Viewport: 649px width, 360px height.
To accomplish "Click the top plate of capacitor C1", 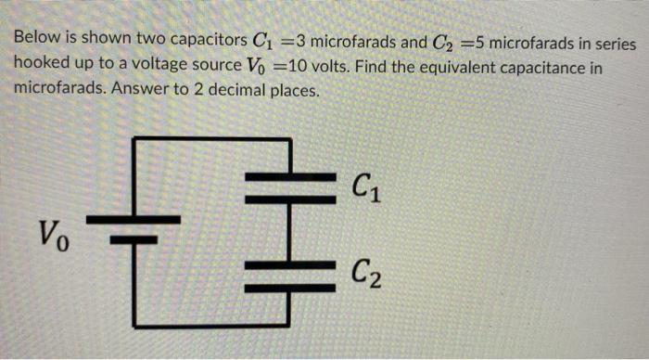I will (x=291, y=176).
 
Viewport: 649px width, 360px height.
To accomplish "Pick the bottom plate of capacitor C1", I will (x=291, y=198).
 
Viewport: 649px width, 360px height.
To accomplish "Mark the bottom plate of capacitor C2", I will (x=291, y=287).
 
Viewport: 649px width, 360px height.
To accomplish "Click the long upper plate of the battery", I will (x=134, y=219).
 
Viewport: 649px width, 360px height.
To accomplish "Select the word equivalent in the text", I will (x=432, y=69).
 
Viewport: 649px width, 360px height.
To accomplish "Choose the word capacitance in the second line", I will (x=528, y=69).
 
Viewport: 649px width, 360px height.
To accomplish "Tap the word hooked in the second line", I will (x=38, y=69).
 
